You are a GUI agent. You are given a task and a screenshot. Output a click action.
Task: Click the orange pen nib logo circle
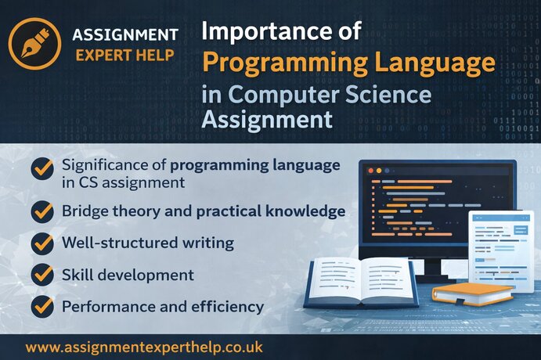coord(34,44)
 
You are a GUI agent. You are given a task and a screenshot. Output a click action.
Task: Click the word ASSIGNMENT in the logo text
coord(124,34)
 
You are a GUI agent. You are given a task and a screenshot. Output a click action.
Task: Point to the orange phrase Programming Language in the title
coord(348,62)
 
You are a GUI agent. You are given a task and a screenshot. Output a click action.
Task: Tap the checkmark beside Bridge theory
coord(42,211)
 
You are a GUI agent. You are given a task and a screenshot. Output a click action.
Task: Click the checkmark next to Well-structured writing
coord(42,243)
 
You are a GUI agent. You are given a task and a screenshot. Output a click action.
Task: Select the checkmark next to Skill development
coord(42,275)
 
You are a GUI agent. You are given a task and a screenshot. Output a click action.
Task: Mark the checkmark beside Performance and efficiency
coord(42,307)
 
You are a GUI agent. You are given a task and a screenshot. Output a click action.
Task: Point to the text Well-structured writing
coord(147,243)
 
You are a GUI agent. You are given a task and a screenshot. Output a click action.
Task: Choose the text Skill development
coord(127,275)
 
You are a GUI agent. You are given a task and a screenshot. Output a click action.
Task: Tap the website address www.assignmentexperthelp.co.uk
coord(144,345)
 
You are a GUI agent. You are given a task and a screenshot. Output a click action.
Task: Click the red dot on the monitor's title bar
coord(370,170)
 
